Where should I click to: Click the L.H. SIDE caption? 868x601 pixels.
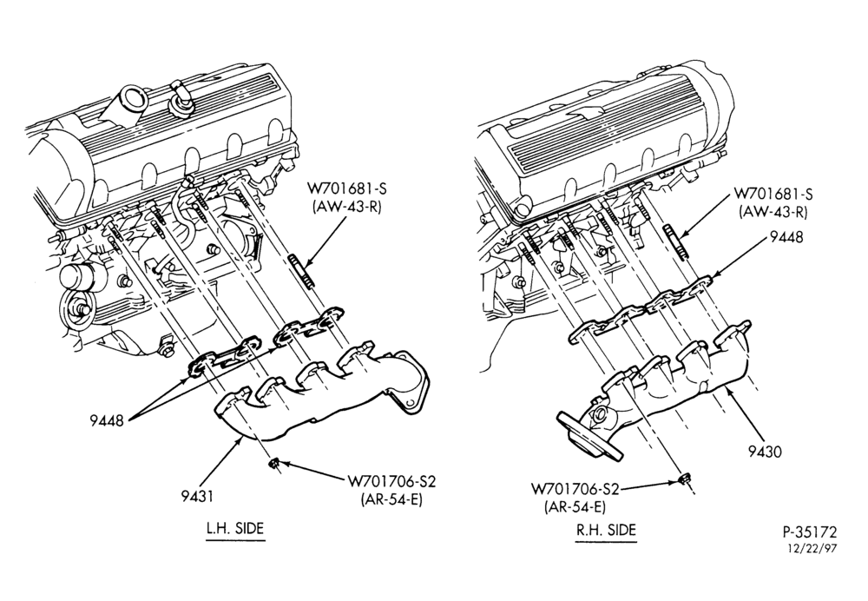tap(234, 528)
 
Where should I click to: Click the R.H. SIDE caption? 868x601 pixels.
tap(606, 530)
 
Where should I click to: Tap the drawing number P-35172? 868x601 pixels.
tap(809, 532)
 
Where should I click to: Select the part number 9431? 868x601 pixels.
tap(198, 496)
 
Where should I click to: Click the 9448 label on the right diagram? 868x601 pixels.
tap(786, 237)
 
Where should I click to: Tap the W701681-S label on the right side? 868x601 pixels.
tap(773, 194)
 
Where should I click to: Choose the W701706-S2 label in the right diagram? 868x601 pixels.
tap(575, 489)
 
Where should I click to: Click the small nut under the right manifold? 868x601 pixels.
tap(682, 479)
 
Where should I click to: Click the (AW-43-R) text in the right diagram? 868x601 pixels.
tap(773, 211)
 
